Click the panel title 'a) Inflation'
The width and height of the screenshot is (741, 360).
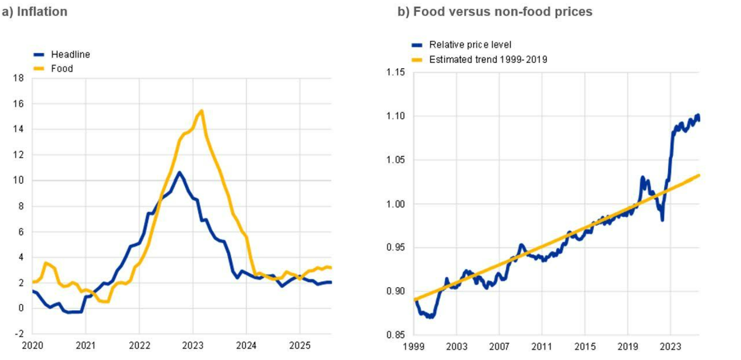(35, 11)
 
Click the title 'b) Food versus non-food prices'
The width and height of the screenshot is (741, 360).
(495, 11)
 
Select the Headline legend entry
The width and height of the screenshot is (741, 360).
(70, 54)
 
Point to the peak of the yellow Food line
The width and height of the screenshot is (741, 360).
(201, 111)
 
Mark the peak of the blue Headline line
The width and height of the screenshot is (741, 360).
(179, 173)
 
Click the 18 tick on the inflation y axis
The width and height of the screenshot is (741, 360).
(19, 79)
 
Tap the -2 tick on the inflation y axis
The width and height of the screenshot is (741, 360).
(19, 334)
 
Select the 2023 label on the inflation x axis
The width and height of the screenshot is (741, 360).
(193, 344)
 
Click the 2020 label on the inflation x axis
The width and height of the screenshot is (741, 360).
(32, 344)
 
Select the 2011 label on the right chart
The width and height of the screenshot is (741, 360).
(542, 345)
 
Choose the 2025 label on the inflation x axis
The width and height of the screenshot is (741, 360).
(300, 344)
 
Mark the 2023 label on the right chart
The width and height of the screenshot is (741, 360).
(670, 345)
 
